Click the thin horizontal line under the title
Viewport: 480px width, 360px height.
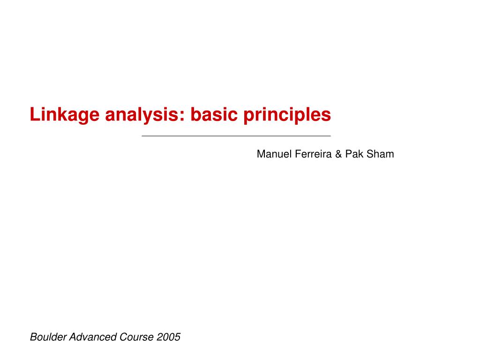(x=236, y=136)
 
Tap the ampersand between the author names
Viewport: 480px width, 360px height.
(x=338, y=154)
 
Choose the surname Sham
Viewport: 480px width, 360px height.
(x=380, y=154)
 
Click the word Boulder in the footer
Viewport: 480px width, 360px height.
(x=48, y=337)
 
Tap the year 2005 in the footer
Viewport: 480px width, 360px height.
(x=169, y=337)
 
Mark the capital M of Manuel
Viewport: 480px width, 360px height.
(x=261, y=154)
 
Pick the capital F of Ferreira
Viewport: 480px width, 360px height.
(x=297, y=154)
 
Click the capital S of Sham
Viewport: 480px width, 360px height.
(x=370, y=154)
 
